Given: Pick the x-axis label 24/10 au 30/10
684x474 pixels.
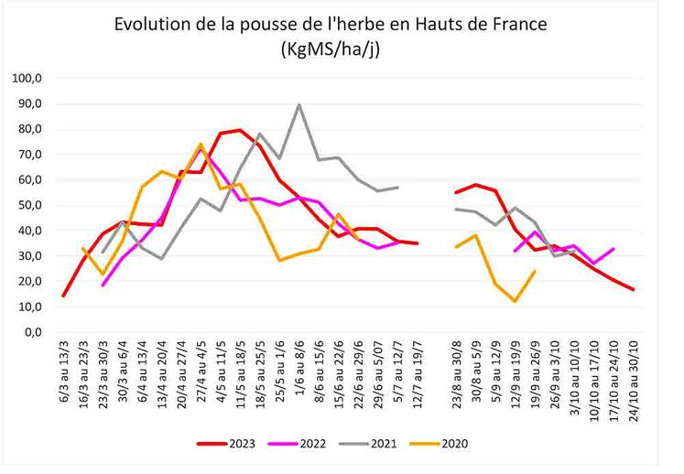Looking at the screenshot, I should pos(633,384).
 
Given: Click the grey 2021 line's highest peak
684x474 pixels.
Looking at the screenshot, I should pos(299,104).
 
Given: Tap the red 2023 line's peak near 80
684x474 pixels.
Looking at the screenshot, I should pos(240,130).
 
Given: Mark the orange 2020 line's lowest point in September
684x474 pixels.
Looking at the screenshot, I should pos(516,301).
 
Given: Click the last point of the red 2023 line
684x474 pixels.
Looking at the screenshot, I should pos(633,289).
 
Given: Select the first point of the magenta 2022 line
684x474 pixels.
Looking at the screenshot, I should pos(103,285).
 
